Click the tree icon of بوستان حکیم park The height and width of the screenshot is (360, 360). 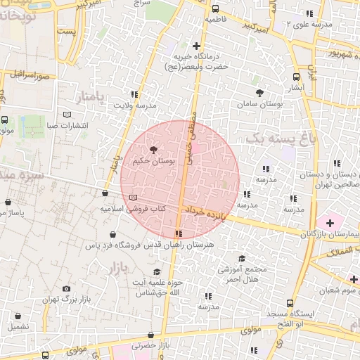tap(154, 149)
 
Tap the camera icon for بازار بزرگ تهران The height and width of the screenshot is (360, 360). tap(66, 288)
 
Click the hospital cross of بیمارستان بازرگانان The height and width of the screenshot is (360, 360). tap(330, 222)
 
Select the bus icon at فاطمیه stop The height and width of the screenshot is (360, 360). tap(214, 9)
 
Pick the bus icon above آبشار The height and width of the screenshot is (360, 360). tap(296, 77)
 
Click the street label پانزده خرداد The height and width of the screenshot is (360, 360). tap(204, 211)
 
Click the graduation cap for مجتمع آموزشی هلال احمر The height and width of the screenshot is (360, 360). tap(242, 259)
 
